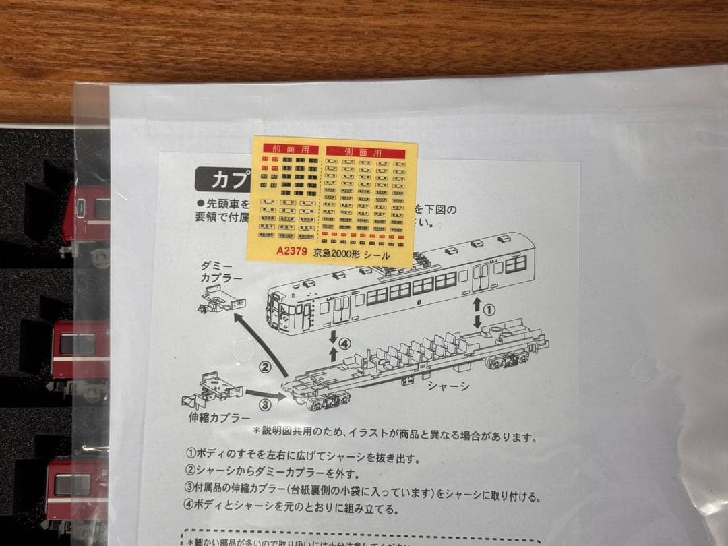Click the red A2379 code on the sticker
coord(292,253)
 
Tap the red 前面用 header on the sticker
coord(284,149)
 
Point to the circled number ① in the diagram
coord(490,309)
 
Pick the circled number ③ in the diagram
coord(265,404)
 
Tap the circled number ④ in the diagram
coord(344,343)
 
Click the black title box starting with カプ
coord(222,180)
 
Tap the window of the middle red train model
coord(78,344)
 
